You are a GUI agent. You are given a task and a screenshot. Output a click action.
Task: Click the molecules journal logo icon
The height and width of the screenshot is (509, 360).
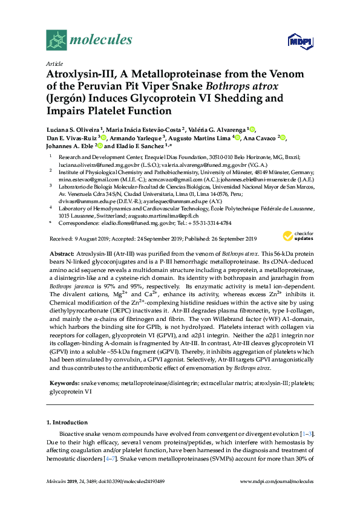tap(57, 41)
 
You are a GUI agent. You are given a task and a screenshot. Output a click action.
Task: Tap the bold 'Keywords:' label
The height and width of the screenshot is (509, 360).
tap(64, 383)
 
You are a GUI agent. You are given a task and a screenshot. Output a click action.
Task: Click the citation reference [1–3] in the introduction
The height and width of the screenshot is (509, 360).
tap(307, 434)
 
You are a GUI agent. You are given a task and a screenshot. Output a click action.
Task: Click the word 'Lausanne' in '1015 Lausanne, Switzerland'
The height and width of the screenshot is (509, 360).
tap(82, 215)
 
